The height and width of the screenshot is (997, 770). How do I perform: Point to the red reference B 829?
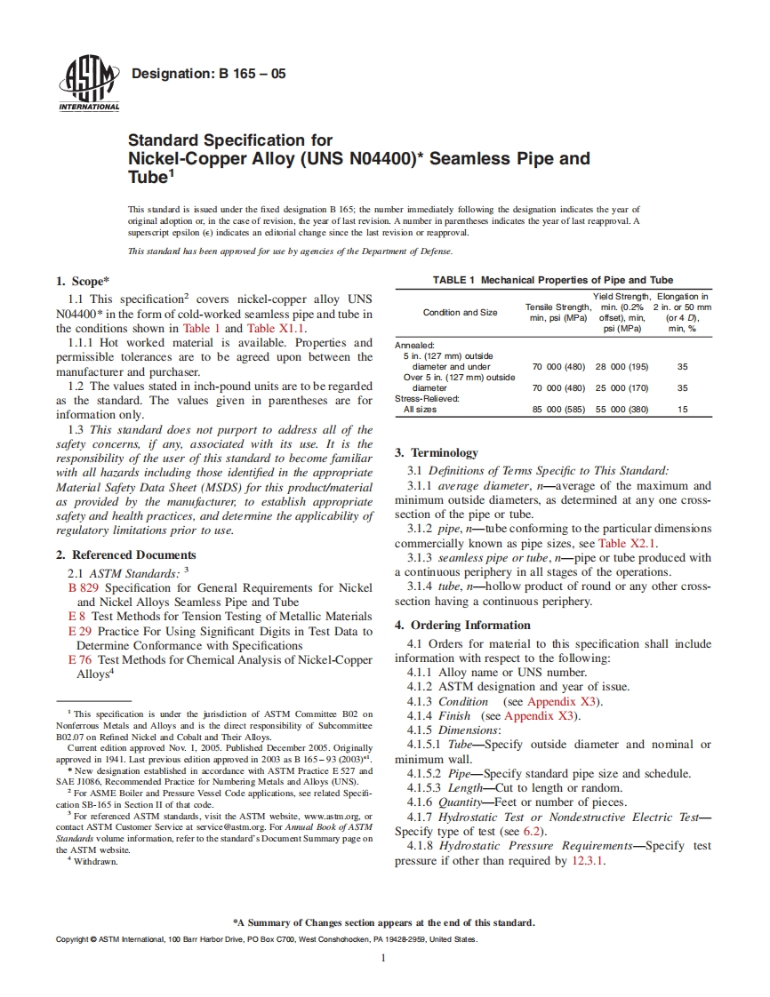click(x=83, y=587)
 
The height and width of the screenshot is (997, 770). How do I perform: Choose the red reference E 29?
click(x=79, y=631)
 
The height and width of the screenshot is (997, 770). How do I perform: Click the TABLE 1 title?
click(x=552, y=280)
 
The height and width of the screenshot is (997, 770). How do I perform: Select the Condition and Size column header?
click(x=460, y=312)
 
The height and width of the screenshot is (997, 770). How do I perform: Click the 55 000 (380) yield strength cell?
click(x=621, y=410)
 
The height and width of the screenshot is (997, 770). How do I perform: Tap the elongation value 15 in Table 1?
click(x=682, y=410)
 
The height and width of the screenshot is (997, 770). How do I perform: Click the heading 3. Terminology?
click(x=437, y=452)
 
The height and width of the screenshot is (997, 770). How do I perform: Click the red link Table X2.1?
click(x=628, y=544)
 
